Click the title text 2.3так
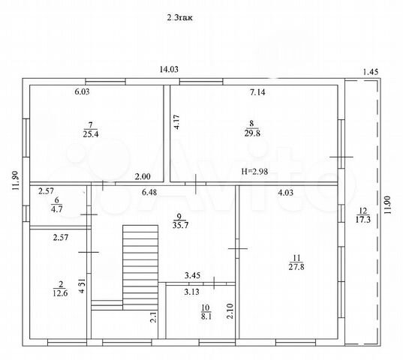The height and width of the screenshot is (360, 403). (179, 18)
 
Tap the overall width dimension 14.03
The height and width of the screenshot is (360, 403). (169, 69)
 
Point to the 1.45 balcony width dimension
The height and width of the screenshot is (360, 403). (371, 72)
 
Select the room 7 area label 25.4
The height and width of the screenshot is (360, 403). (91, 134)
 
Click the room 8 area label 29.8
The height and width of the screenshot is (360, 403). (252, 133)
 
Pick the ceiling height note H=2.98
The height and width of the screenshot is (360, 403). (254, 171)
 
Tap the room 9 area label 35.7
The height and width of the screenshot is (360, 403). (181, 225)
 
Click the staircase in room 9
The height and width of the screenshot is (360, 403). (140, 268)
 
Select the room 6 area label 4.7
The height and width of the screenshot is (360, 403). (56, 209)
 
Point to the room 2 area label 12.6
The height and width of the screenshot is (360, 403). (60, 293)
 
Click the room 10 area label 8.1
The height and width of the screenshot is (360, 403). (206, 316)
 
